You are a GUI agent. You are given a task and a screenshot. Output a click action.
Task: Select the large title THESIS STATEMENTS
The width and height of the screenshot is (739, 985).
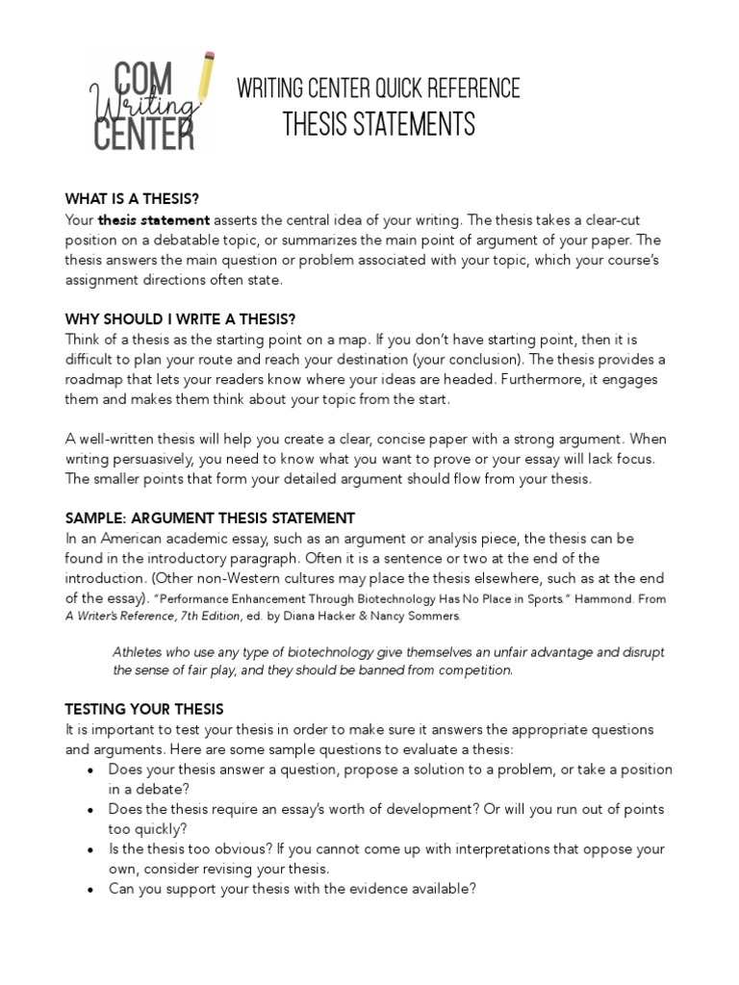pos(378,125)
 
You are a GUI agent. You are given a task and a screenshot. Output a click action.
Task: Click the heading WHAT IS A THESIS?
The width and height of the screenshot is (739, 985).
pos(132,199)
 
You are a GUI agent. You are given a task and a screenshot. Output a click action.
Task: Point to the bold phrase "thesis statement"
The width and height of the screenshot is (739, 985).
pos(154,220)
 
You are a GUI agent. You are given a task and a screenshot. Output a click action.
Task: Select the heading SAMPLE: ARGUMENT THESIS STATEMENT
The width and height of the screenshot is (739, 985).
pos(210,518)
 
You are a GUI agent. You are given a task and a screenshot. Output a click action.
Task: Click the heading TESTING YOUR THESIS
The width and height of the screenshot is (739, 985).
pos(143,710)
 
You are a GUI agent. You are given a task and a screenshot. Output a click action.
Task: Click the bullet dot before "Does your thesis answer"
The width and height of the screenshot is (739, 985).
pos(89,770)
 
